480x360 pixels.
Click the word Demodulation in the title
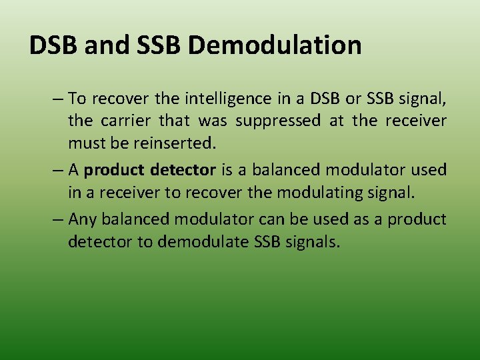(x=275, y=45)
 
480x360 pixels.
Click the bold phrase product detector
(x=150, y=170)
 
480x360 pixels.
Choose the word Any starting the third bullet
(x=83, y=219)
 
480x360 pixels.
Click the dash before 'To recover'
(x=59, y=99)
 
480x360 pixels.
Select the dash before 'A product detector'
(x=59, y=170)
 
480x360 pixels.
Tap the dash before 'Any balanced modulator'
(x=59, y=219)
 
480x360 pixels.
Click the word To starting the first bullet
(x=77, y=99)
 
